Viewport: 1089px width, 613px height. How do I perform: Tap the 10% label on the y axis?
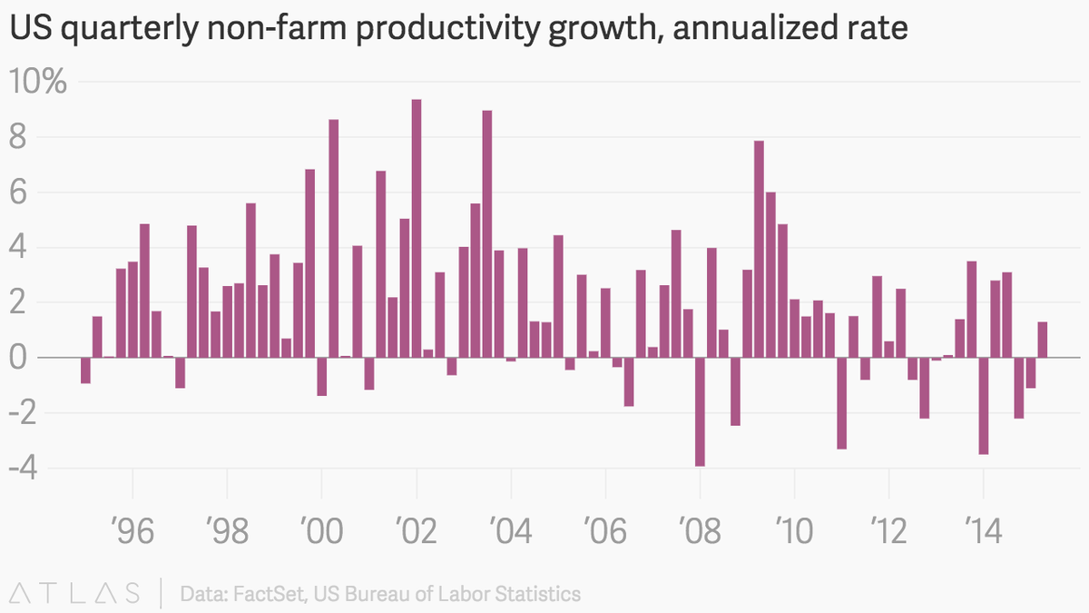click(38, 83)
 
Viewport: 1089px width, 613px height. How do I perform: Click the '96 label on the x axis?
click(132, 530)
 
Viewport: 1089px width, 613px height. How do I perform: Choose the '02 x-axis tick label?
click(417, 530)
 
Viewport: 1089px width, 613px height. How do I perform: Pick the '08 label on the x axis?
click(700, 530)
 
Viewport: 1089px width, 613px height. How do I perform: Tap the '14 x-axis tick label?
click(983, 530)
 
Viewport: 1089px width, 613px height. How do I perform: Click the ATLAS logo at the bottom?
click(71, 594)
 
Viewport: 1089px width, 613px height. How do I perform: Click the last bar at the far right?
click(1043, 340)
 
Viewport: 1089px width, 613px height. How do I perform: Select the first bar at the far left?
click(85, 371)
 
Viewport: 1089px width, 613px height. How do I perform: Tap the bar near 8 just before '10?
click(759, 249)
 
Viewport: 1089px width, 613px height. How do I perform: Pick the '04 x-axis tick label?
click(511, 530)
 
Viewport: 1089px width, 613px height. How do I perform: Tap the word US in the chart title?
click(27, 31)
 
